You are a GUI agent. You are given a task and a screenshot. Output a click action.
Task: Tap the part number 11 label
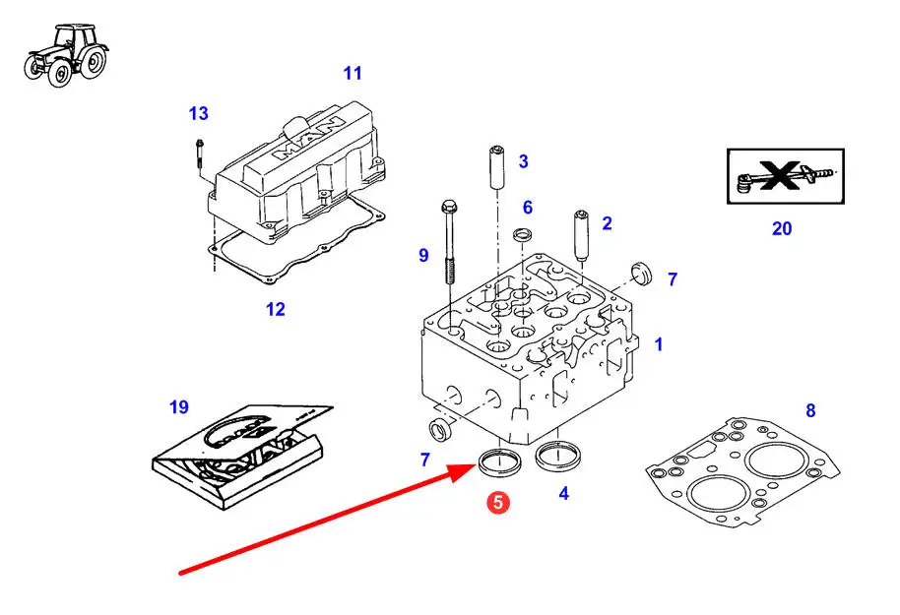tap(353, 73)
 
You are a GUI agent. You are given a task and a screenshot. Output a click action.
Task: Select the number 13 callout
tap(199, 114)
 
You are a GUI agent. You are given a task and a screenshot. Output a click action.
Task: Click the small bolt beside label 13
tap(199, 157)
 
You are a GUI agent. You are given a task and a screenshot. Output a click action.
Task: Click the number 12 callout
tap(275, 309)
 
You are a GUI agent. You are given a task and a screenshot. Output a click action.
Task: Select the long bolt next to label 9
tap(449, 241)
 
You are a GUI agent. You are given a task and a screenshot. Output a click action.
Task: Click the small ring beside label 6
tap(524, 235)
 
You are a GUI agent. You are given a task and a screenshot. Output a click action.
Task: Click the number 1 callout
tap(659, 344)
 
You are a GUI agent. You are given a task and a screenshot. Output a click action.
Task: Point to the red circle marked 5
tap(498, 502)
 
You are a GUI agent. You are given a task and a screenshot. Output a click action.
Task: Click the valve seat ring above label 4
tap(557, 457)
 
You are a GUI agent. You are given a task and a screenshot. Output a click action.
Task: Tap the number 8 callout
tap(810, 410)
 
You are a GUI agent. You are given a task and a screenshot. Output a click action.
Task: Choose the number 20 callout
tap(781, 228)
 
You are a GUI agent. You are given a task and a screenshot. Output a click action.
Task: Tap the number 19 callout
tap(178, 406)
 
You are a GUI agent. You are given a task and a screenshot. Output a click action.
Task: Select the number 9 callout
tap(423, 256)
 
